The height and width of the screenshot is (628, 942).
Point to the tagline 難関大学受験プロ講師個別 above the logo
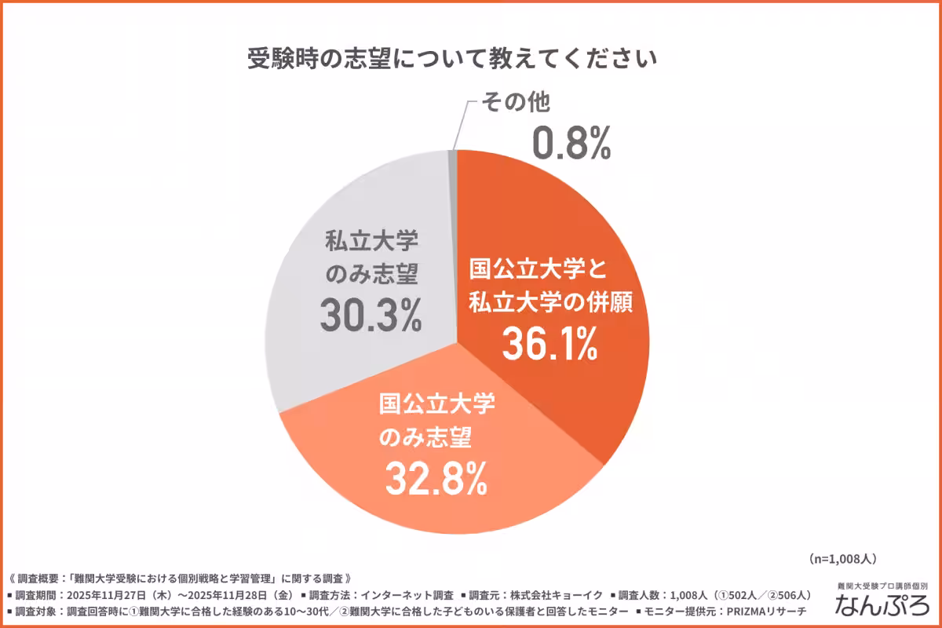click(882, 586)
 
